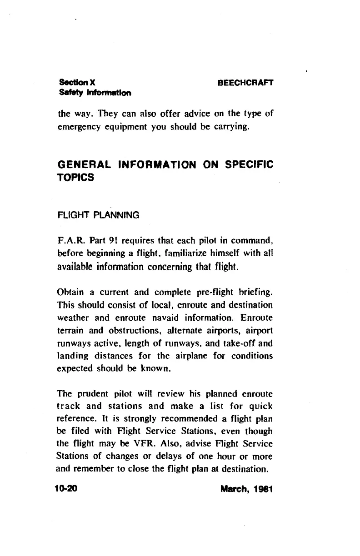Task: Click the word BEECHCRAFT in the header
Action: [245, 83]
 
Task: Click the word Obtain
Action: [72, 290]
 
